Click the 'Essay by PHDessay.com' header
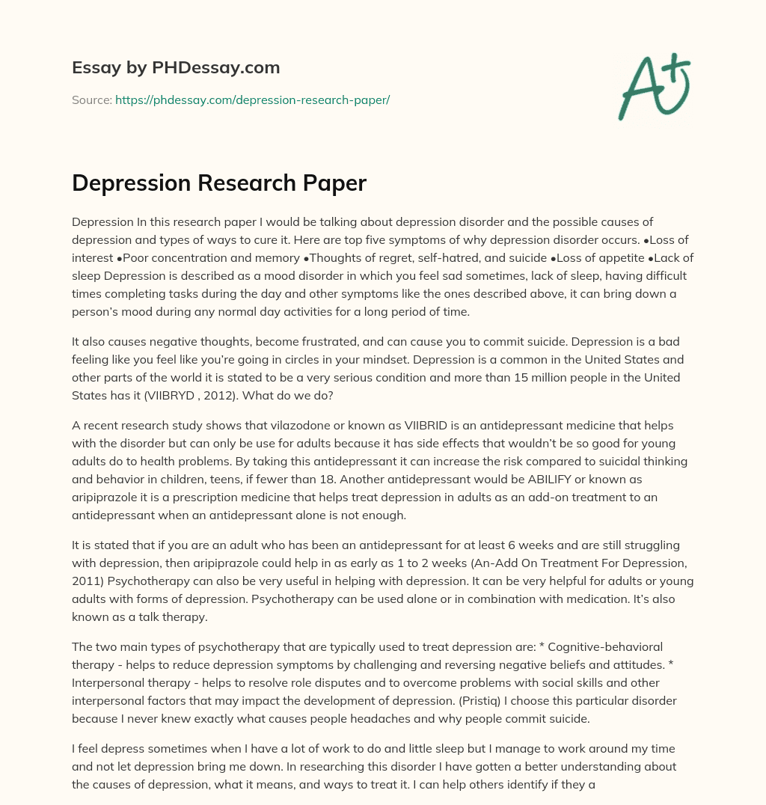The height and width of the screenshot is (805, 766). point(176,68)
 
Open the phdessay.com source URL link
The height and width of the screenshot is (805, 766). point(252,100)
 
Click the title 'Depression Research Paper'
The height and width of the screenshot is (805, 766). point(218,183)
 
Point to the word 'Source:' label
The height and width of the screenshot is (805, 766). point(91,100)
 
